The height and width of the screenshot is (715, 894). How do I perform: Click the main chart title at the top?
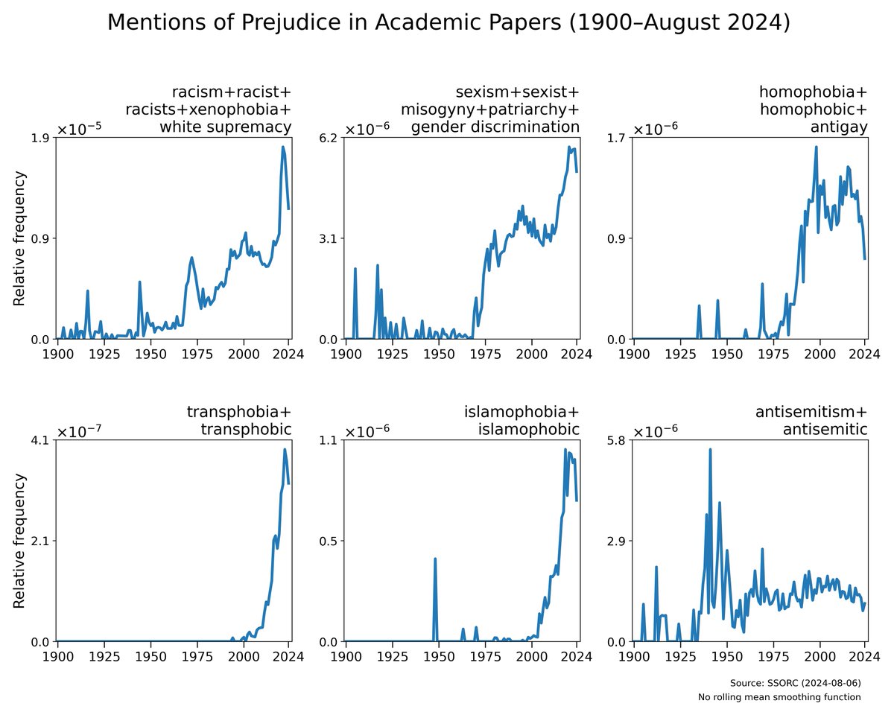(447, 22)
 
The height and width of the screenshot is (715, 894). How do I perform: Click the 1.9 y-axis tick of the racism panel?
(42, 138)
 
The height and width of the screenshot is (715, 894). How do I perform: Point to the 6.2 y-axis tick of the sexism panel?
(329, 138)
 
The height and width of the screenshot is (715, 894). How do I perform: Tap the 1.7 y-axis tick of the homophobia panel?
(618, 138)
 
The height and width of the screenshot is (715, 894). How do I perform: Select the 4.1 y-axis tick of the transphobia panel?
(42, 440)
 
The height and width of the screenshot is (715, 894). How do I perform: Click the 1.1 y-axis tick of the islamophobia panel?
(329, 440)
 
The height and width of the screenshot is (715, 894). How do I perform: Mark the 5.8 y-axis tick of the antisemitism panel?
(618, 440)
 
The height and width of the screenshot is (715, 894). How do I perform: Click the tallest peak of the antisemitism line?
(710, 449)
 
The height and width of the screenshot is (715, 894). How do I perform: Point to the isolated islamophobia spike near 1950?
(435, 559)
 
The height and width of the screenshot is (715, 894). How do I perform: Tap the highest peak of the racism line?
(283, 147)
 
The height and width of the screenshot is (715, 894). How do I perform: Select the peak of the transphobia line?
(285, 449)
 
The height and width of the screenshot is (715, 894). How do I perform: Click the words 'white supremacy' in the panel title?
(225, 127)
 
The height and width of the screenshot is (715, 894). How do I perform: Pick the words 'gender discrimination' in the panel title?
(495, 127)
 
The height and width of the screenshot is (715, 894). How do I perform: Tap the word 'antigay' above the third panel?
(839, 127)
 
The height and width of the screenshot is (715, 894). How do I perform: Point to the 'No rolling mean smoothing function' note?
(779, 697)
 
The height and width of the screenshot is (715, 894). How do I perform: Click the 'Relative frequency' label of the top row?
(20, 238)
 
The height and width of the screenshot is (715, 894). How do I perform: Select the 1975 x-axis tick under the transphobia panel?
(197, 657)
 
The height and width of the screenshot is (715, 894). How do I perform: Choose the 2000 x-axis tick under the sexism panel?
(532, 355)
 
